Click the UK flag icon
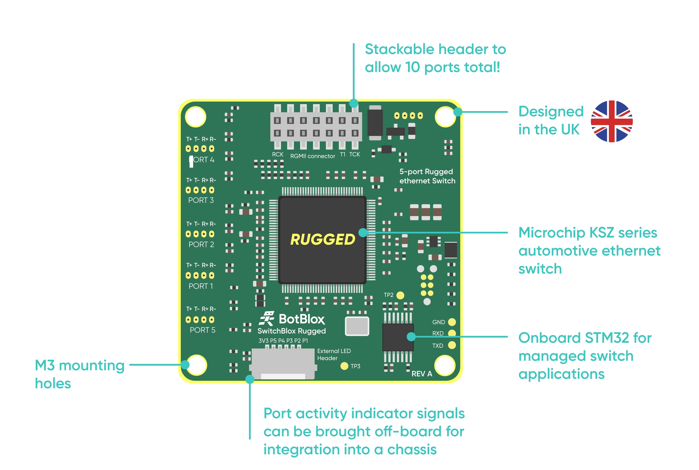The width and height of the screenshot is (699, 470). [x=611, y=121]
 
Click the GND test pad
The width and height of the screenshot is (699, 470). [x=452, y=322]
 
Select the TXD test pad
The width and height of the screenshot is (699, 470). [x=452, y=345]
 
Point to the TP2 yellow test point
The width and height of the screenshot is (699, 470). [x=400, y=295]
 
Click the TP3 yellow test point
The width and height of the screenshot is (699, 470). [x=344, y=366]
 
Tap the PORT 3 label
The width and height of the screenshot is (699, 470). [x=201, y=200]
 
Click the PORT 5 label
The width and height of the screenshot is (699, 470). [x=202, y=330]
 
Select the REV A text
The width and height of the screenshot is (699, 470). [x=422, y=374]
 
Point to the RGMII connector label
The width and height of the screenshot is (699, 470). [x=312, y=156]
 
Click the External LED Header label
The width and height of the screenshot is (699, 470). [x=333, y=354]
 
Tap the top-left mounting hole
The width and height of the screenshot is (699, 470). [x=195, y=117]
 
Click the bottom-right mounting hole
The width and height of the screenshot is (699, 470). [x=445, y=365]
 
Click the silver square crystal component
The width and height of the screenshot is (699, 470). [x=357, y=326]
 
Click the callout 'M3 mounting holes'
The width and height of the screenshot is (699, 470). [x=79, y=374]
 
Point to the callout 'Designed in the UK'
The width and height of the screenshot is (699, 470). [x=551, y=120]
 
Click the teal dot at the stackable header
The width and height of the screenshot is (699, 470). [x=353, y=104]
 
